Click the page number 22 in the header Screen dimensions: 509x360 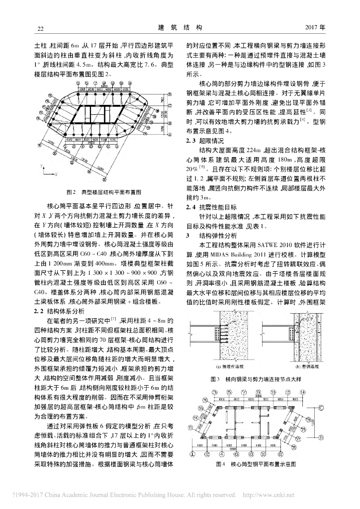pos(34,28)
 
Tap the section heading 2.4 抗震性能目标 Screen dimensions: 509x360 pos(208,206)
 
